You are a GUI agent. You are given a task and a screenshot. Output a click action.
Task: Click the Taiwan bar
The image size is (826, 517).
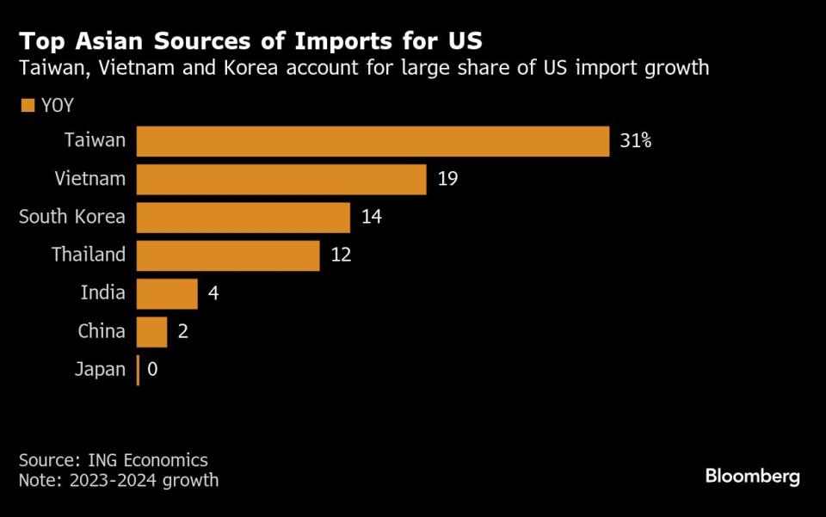pos(373,141)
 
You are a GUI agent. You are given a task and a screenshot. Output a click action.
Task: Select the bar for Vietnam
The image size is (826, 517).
pos(281,179)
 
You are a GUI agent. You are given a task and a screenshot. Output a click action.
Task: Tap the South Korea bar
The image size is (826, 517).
pos(243,218)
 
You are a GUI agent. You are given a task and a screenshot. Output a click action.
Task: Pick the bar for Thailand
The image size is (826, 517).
pos(228,255)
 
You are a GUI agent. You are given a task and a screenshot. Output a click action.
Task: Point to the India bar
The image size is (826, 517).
pos(167,293)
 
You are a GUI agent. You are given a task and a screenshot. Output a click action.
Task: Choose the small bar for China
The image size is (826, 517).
pos(151,331)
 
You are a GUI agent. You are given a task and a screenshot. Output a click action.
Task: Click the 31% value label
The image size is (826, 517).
pos(635,141)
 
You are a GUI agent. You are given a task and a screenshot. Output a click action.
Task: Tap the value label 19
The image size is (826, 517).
pos(447,179)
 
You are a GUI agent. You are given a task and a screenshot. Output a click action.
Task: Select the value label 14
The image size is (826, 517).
pos(371,218)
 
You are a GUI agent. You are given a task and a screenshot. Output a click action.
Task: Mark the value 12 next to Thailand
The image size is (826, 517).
pos(340,255)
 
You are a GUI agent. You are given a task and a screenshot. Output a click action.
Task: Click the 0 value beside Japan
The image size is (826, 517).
pos(152,370)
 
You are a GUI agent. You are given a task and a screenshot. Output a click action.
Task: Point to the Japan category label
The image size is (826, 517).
pos(101,370)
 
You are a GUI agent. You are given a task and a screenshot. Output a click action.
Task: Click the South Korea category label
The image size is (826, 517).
pos(72,218)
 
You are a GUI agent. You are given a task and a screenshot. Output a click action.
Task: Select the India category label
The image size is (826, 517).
pos(102,293)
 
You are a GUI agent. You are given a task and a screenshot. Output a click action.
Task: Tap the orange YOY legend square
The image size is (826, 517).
pos(27,106)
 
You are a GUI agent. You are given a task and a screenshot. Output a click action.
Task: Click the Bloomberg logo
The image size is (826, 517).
pos(752,476)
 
